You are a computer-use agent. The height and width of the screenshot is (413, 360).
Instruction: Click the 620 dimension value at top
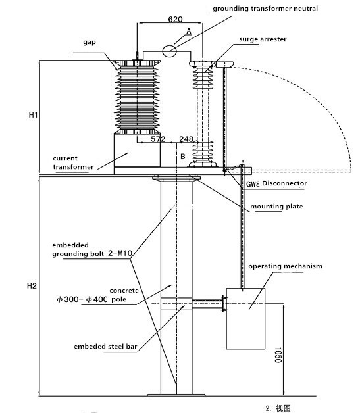tap(175, 19)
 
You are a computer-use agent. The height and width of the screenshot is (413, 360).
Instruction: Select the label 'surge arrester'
tap(263, 39)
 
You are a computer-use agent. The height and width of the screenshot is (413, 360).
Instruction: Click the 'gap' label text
tap(90, 42)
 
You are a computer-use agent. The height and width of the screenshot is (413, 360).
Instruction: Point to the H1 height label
tap(33, 115)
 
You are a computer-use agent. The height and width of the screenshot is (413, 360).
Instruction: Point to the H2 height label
tap(32, 286)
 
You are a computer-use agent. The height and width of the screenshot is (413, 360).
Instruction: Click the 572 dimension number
tap(158, 139)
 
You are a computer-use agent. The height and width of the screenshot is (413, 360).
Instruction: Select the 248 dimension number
tap(186, 139)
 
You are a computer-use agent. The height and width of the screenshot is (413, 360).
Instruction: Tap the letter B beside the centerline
tap(183, 157)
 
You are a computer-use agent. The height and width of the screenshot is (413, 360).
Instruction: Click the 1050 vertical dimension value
tap(278, 354)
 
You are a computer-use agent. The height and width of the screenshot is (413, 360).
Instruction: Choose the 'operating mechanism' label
tap(285, 266)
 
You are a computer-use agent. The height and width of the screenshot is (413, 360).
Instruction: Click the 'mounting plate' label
tap(276, 206)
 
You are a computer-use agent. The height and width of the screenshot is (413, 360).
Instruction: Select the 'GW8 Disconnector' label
tap(276, 183)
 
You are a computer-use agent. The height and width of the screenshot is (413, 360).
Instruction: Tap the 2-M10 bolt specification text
tap(120, 253)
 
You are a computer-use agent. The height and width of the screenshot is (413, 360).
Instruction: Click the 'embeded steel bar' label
tap(105, 347)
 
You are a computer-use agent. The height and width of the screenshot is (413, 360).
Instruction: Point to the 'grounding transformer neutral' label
tap(265, 9)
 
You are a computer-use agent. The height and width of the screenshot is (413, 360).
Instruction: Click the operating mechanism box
tap(245, 319)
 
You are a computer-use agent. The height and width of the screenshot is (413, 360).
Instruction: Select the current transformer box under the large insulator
tap(137, 150)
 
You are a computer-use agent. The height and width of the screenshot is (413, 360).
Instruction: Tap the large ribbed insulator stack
tap(137, 97)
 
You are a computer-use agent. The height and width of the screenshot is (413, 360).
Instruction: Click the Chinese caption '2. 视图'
tap(278, 408)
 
